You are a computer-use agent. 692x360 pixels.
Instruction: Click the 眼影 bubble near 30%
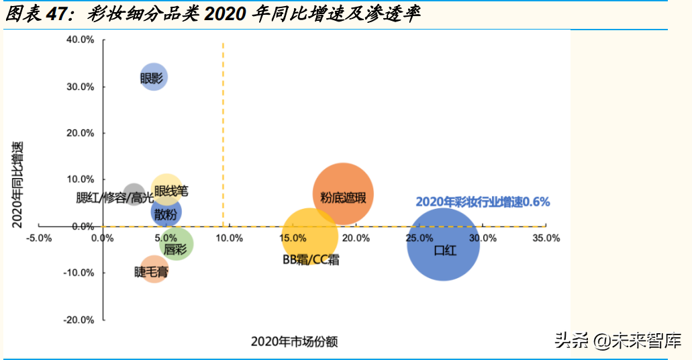(154, 78)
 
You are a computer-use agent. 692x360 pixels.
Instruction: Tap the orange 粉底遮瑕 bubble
(343, 195)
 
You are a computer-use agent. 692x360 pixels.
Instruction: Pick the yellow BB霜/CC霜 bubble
(309, 236)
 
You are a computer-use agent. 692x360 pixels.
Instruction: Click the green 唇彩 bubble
(177, 244)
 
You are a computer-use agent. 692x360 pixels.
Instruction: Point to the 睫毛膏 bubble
(154, 269)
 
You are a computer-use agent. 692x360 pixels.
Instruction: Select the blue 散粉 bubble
(166, 213)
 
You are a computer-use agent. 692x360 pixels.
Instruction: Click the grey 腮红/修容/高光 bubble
(134, 193)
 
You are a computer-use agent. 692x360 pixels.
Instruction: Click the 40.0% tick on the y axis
(81, 40)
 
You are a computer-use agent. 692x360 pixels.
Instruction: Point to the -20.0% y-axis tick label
(79, 320)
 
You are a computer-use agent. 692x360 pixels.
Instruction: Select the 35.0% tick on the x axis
(546, 238)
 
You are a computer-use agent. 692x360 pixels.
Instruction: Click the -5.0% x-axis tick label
(40, 238)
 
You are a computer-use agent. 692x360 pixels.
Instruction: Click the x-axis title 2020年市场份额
(294, 342)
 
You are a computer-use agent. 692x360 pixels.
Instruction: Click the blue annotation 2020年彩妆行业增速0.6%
(482, 201)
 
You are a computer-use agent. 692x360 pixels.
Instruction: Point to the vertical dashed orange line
(223, 134)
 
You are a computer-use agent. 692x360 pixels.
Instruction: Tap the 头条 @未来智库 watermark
(618, 341)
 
